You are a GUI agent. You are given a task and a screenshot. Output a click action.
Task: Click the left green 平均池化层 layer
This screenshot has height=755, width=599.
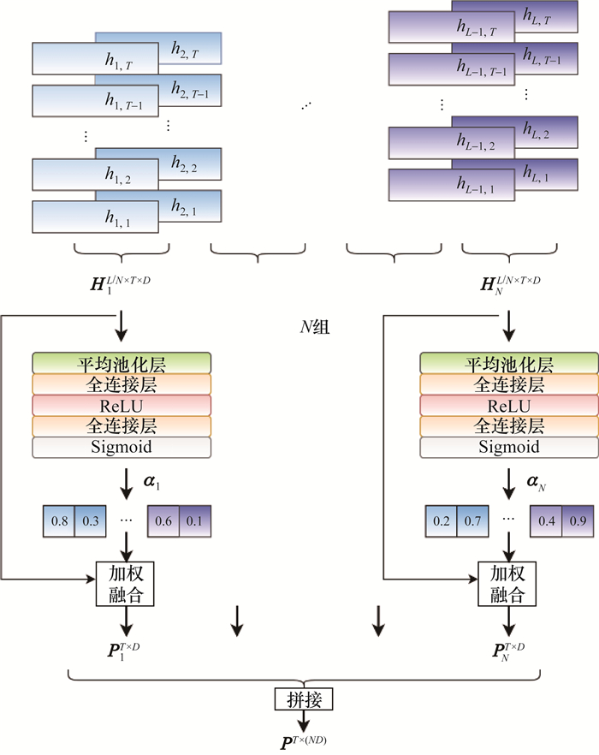tap(122, 364)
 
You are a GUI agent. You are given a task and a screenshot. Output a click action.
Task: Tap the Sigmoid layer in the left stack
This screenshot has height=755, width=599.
tap(122, 447)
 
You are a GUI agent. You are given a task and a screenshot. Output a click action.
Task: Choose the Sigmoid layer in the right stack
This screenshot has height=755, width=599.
tap(508, 447)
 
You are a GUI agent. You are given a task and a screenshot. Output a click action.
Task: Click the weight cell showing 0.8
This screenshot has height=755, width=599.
tap(59, 520)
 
